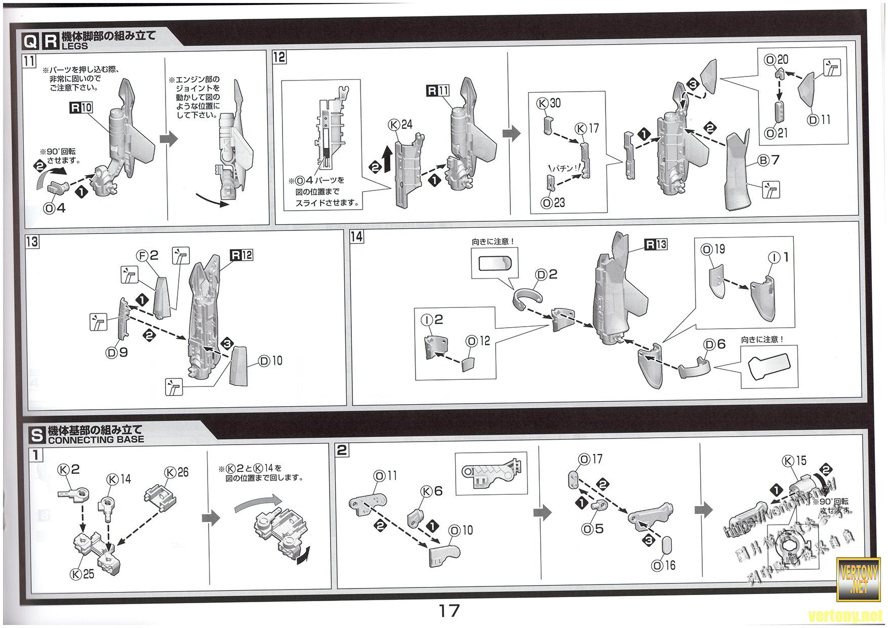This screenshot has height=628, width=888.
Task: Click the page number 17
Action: point(449,611)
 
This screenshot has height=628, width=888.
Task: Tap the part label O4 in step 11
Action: point(55,208)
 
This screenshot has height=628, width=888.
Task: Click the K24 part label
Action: point(400,125)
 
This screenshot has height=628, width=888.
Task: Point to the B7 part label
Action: point(768,160)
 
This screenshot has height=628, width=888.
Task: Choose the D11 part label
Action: point(820,120)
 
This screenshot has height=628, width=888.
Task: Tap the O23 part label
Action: point(553,203)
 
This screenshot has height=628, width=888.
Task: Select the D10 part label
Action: point(270,361)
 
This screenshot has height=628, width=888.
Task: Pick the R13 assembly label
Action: point(656,245)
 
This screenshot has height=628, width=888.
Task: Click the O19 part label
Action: point(713,249)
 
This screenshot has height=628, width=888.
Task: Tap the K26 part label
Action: point(177,472)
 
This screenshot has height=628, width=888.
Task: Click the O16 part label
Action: point(664,565)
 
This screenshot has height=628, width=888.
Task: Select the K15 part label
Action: point(794,461)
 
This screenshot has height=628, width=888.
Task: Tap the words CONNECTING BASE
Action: point(96,439)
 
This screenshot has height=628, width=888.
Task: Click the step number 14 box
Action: point(357,237)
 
